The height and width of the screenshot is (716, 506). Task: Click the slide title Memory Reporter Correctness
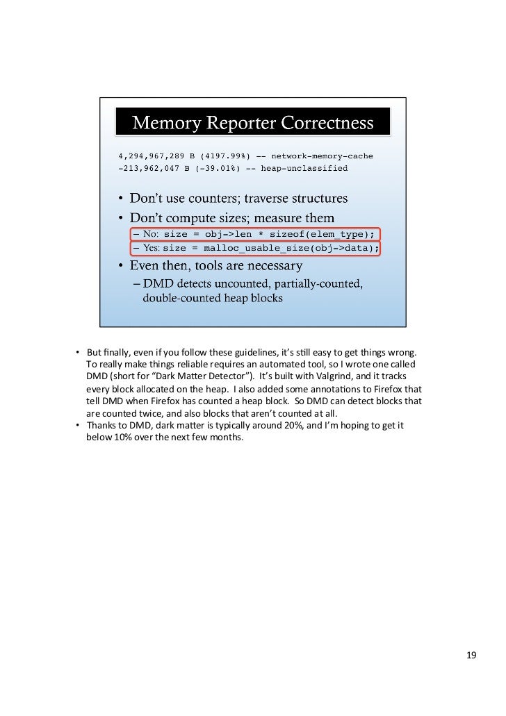[x=253, y=124]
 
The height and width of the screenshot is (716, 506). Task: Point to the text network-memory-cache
[x=322, y=156]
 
